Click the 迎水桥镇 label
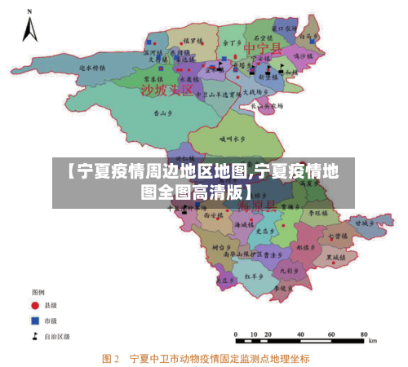coord(93,69)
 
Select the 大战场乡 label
coord(252,91)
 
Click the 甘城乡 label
coord(363,221)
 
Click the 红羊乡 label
coord(253,277)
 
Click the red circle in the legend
coord(35,305)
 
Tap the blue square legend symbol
coord(35,320)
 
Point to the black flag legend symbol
coord(35,335)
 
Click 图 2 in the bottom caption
coord(111,358)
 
